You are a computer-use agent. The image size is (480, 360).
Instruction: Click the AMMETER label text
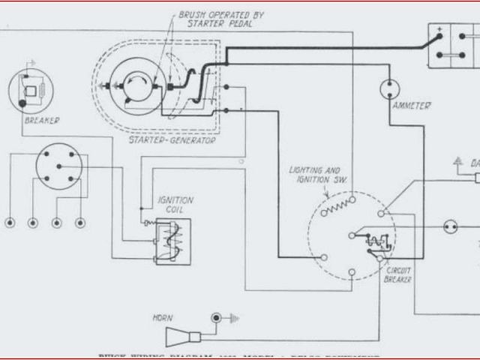411,106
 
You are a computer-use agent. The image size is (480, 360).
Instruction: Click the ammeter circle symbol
389,90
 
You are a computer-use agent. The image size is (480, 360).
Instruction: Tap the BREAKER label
42,120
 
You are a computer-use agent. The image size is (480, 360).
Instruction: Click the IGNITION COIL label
175,205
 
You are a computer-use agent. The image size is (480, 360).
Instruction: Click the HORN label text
163,318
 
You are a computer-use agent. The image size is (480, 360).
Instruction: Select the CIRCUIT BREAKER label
397,274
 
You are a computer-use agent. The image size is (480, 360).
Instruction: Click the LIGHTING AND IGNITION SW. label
314,175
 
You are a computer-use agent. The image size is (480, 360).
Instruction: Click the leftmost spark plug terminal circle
10,223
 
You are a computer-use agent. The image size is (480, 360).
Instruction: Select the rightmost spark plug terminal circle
80,223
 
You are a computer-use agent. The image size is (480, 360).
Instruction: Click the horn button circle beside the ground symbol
217,318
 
